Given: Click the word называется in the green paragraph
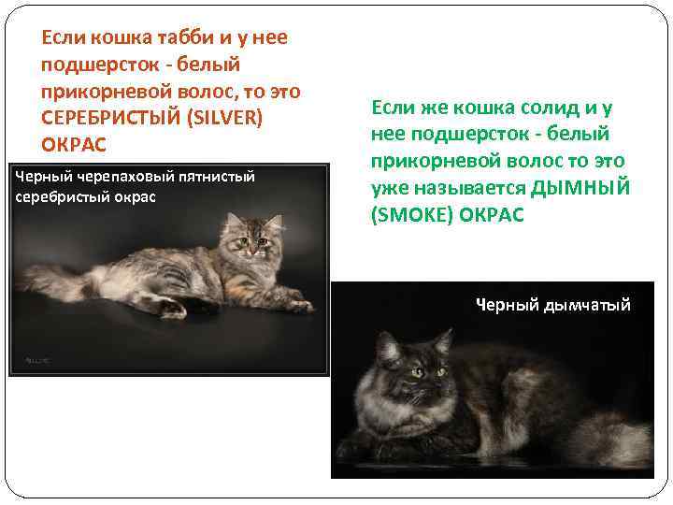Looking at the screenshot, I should (x=466, y=188).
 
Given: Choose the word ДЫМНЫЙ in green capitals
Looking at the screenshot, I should (x=580, y=188).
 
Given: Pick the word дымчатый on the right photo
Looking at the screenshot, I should (x=587, y=305).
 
